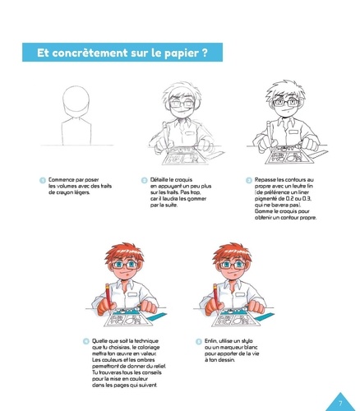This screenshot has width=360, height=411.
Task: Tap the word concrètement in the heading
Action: click(90, 53)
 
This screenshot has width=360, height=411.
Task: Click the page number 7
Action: click(340, 403)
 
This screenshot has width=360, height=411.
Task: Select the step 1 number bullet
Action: click(43, 180)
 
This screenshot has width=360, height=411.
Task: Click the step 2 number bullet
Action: click(145, 180)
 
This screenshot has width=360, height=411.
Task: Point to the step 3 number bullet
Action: click(249, 180)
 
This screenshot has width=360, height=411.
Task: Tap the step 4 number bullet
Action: click(86, 341)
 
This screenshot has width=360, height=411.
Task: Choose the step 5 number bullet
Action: click(199, 341)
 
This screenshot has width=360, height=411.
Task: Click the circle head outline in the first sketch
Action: click(62, 99)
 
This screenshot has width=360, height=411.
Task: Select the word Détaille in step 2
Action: click(159, 180)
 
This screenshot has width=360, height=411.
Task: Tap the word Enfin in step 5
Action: click(211, 341)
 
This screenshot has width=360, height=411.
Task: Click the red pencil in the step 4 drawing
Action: click(108, 298)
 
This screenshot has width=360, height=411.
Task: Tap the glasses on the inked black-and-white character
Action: click(285, 103)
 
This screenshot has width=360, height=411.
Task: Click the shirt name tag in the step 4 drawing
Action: click(132, 294)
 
